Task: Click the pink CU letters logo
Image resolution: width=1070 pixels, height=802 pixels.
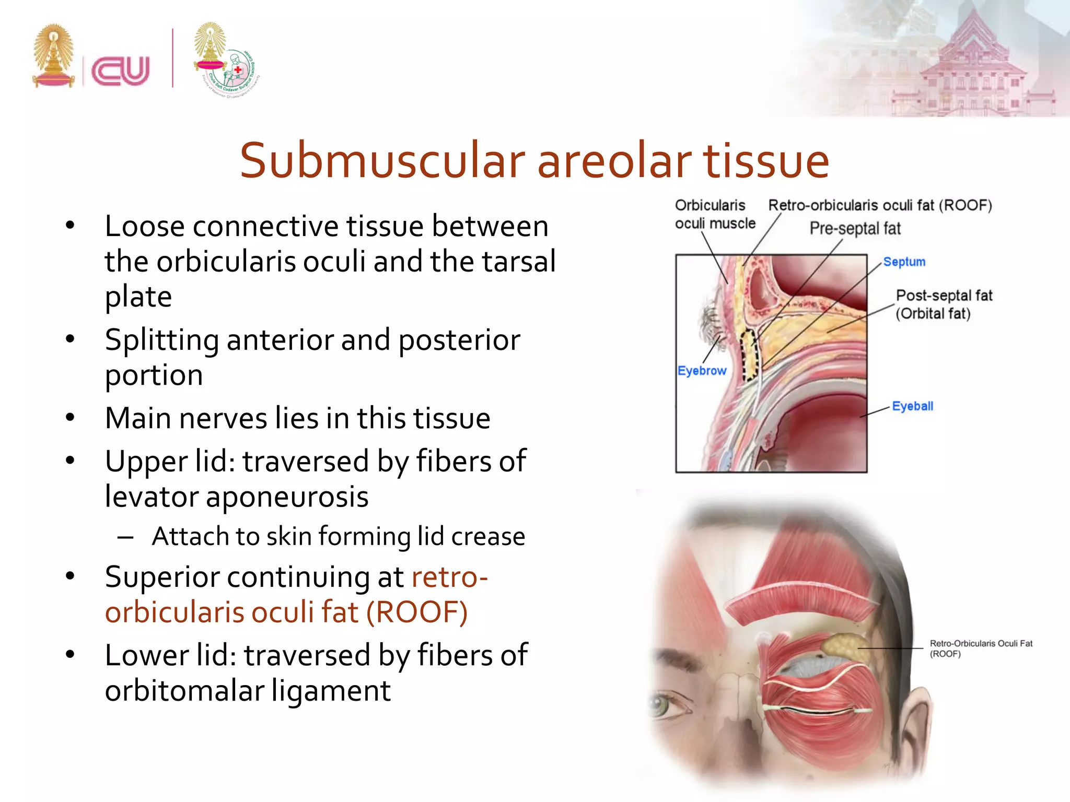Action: [121, 70]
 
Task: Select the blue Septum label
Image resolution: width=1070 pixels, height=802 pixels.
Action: [904, 262]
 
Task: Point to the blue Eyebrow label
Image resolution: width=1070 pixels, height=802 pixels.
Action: [702, 371]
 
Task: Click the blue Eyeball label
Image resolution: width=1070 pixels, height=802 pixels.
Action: [912, 406]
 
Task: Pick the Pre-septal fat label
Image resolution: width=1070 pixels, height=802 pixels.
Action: [855, 229]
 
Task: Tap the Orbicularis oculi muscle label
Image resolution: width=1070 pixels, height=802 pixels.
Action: [714, 214]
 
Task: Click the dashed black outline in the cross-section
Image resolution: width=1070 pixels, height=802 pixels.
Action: [750, 355]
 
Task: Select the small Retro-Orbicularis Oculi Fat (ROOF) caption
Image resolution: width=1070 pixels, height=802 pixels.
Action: [980, 648]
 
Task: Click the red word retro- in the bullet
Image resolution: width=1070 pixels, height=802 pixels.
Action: [449, 577]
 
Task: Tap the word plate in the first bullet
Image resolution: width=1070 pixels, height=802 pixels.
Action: [138, 297]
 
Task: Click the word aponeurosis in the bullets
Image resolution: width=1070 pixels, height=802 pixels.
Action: [287, 497]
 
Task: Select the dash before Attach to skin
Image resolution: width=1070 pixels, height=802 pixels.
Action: [125, 537]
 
